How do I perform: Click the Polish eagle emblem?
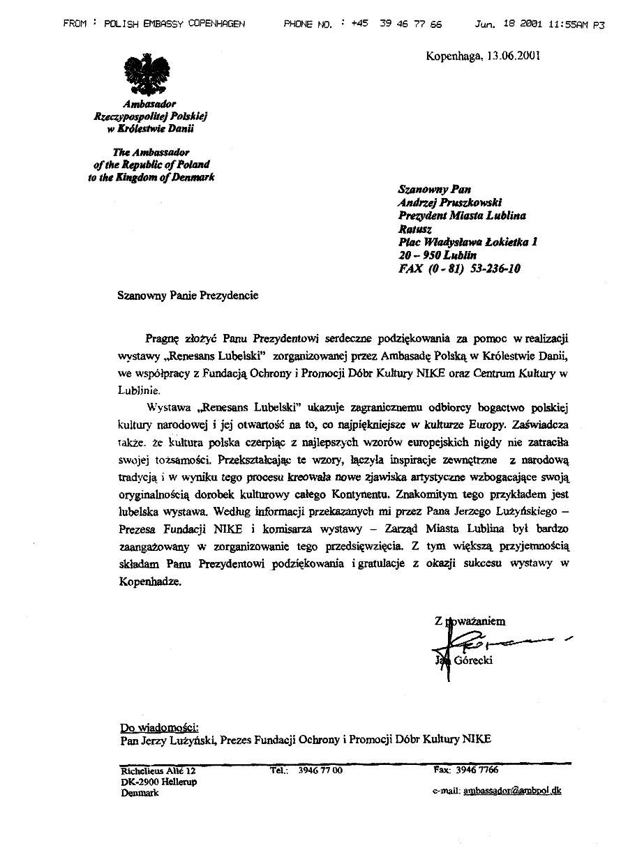pyautogui.click(x=147, y=76)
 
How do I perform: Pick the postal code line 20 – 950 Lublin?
pyautogui.click(x=438, y=255)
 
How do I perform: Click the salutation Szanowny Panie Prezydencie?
pyautogui.click(x=188, y=295)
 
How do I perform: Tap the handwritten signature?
pyautogui.click(x=488, y=640)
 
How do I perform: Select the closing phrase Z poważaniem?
pyautogui.click(x=470, y=621)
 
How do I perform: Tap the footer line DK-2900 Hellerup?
pyautogui.click(x=158, y=782)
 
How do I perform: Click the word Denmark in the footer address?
pyautogui.click(x=140, y=793)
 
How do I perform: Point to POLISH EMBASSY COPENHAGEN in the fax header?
pyautogui.click(x=174, y=24)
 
